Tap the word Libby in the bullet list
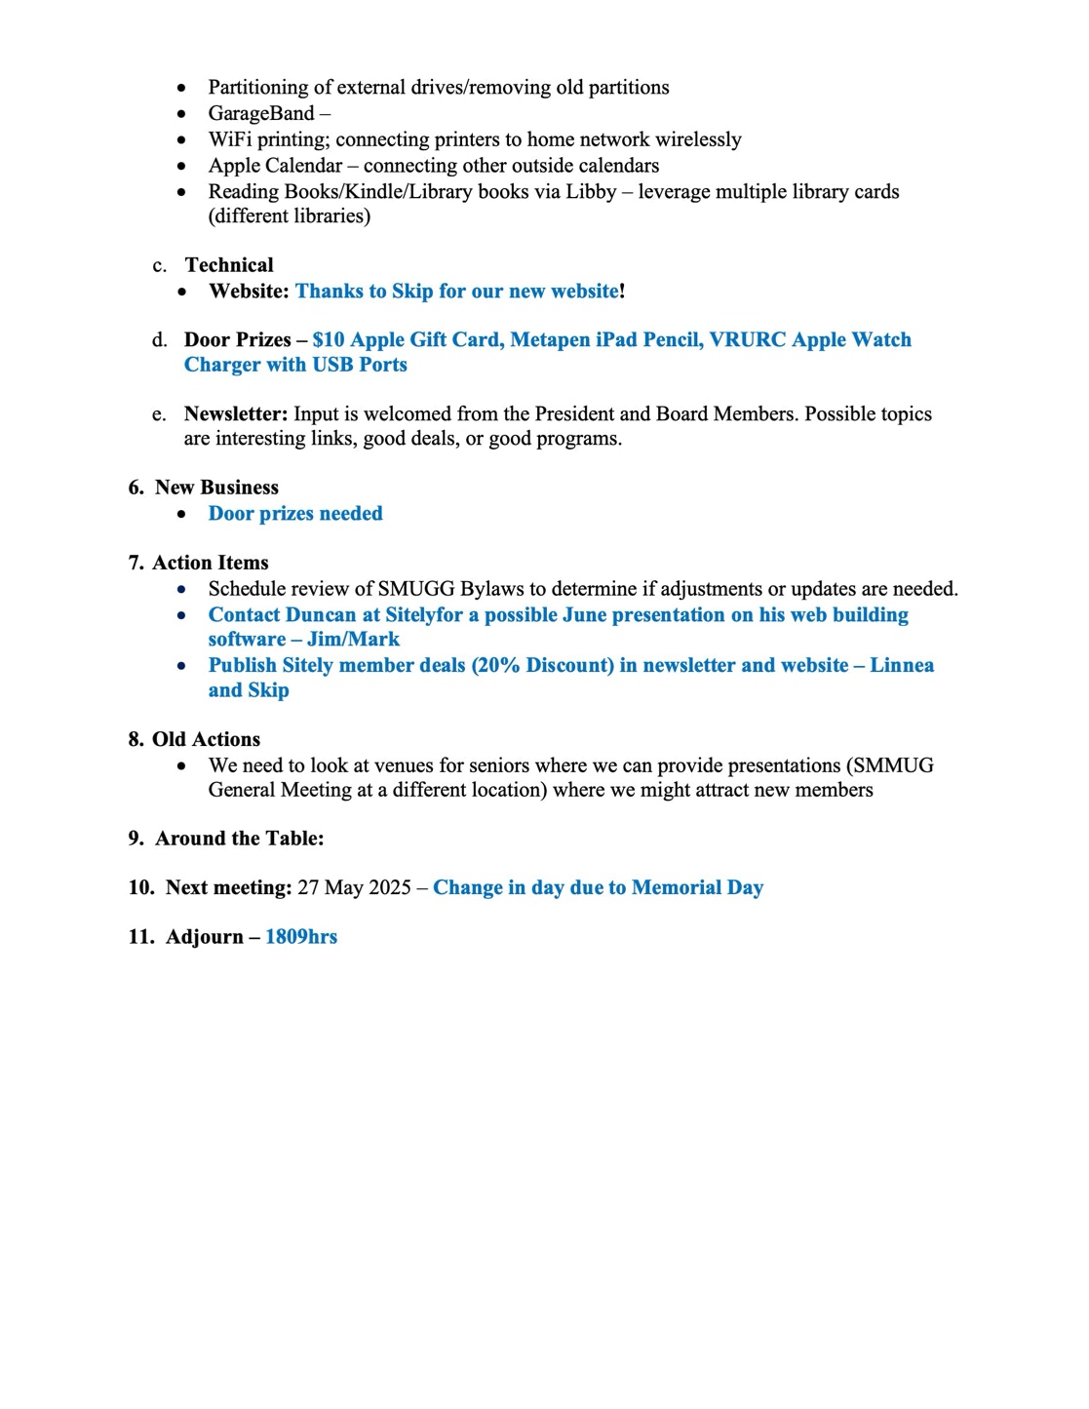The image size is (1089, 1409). coord(595,191)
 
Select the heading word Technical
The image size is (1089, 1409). coord(229,265)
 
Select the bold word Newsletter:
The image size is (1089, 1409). coord(236,413)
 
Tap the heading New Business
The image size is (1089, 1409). coord(216,488)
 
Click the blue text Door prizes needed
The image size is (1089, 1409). coord(295,514)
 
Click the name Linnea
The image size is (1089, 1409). coord(902,665)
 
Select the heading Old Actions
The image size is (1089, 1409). coord(206,739)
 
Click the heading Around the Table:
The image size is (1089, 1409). coord(239,839)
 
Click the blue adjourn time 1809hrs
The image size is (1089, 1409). coord(301,937)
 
